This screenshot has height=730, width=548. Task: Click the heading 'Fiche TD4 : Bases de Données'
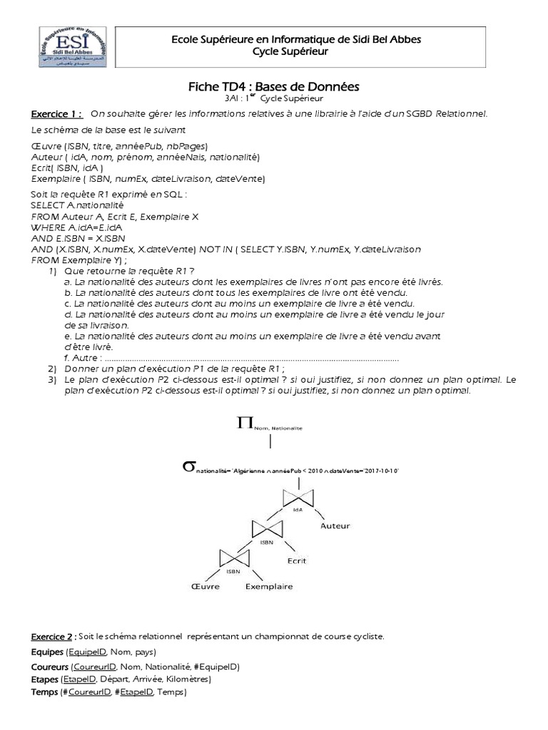click(x=273, y=86)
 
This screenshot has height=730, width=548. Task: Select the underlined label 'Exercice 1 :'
click(x=56, y=114)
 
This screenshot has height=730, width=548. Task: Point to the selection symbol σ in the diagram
click(x=188, y=467)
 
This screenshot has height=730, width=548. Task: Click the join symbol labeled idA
click(x=298, y=498)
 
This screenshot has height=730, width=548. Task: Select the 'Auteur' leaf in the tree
click(x=335, y=526)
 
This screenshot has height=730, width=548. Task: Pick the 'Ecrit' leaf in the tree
click(x=296, y=560)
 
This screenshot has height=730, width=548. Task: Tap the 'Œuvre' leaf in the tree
click(x=205, y=587)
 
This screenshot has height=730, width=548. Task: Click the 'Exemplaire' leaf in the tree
click(x=269, y=587)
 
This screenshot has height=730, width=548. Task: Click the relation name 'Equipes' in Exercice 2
click(x=47, y=652)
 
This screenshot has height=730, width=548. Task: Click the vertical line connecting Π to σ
click(x=270, y=441)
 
